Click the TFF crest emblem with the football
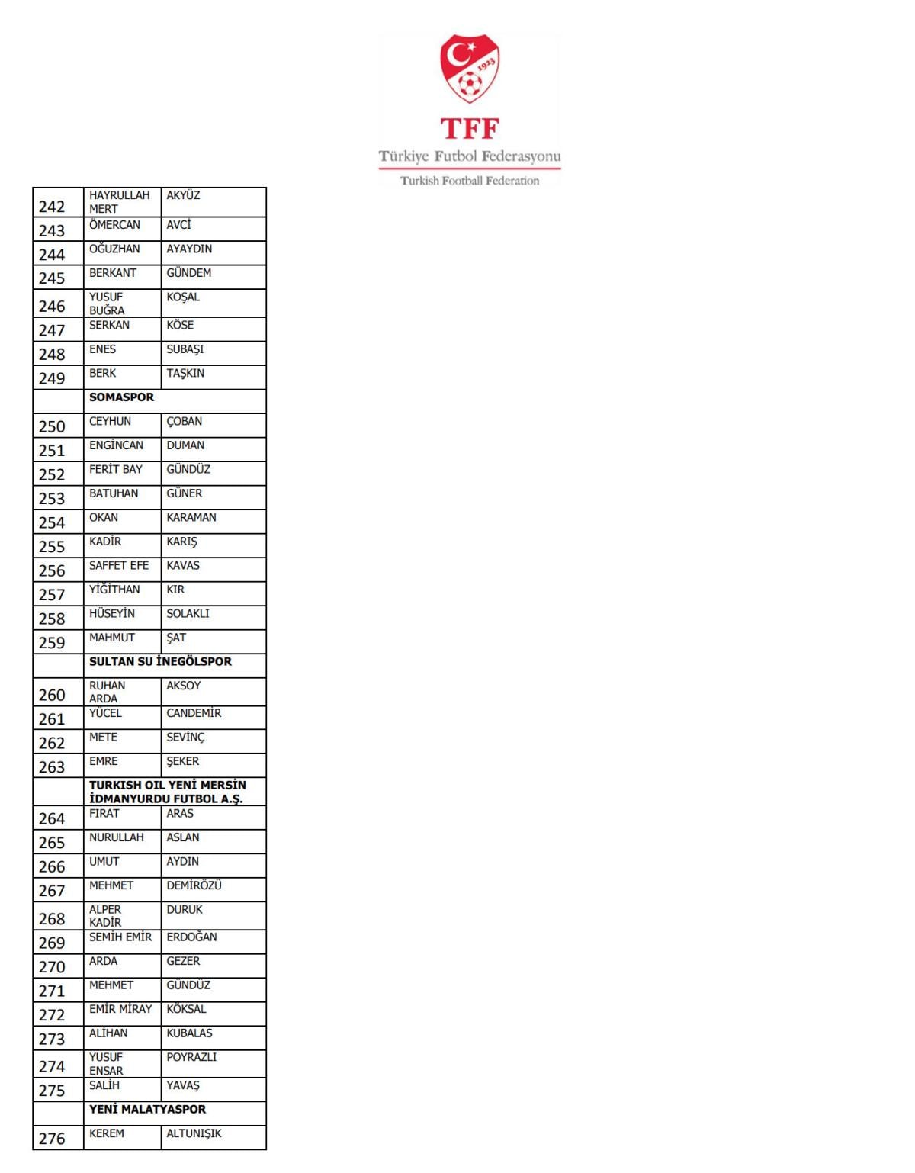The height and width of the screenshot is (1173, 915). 469,68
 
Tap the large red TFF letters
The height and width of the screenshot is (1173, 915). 469,128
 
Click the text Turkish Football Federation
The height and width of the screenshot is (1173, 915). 470,181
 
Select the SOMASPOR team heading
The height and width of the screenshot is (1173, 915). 121,397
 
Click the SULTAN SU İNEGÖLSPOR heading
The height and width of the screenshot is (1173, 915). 160,661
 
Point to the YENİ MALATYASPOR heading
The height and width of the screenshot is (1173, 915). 147,1109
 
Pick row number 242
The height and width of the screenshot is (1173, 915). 52,207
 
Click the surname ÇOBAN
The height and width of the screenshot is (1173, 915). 185,422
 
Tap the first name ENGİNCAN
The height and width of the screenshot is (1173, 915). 116,445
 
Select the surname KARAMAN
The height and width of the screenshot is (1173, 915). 191,517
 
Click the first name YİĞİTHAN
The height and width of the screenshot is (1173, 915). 114,590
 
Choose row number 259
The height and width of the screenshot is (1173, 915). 52,642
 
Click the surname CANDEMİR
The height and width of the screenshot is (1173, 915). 194,713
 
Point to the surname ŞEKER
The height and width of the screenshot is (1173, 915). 183,761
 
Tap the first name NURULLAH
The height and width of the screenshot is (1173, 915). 116,837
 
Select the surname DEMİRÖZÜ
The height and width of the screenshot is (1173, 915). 194,885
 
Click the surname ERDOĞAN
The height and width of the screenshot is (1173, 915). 191,937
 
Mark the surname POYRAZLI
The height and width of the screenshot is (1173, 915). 191,1057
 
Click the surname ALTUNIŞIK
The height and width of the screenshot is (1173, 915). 194,1133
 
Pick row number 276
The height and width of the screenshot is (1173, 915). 52,1139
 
